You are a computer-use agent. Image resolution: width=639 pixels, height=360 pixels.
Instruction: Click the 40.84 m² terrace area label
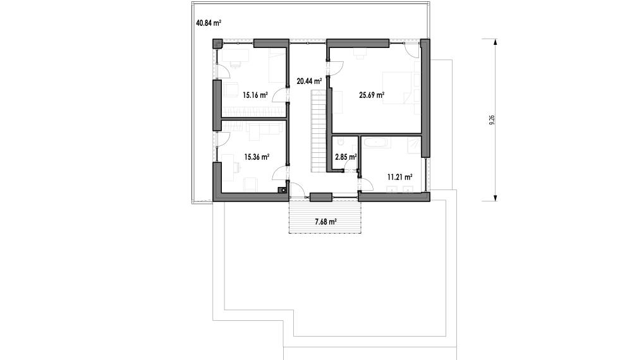[x=209, y=23]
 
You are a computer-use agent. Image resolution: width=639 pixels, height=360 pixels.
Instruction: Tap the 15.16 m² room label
[x=255, y=96]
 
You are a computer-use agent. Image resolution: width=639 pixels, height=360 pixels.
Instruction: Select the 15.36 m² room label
[x=257, y=157]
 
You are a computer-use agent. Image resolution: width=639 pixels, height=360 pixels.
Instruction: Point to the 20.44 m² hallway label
[x=309, y=81]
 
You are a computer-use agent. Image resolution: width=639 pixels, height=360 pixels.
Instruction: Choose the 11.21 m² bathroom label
[x=399, y=177]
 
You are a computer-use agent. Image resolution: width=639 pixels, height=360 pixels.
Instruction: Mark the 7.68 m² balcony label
[x=325, y=222]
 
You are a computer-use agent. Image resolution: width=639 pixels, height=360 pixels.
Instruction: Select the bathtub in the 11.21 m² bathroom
[x=377, y=143]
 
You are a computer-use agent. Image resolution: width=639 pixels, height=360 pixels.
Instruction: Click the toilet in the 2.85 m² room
[x=339, y=141]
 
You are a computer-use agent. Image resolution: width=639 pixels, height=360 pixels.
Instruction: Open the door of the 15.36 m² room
[x=279, y=172]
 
